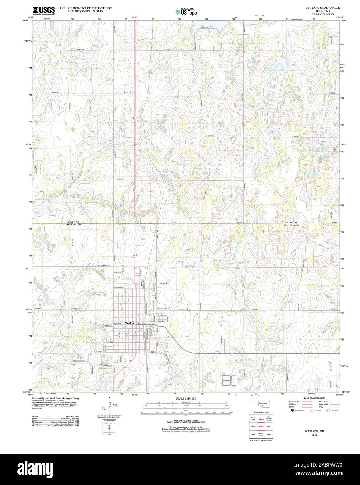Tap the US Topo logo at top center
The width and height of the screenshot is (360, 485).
(x=186, y=12)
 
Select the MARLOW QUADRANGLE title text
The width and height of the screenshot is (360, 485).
(x=318, y=7)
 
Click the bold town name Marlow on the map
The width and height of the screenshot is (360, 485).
(x=130, y=323)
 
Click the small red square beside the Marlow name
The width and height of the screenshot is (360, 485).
(x=139, y=323)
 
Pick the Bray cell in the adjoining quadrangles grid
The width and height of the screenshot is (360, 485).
(x=269, y=426)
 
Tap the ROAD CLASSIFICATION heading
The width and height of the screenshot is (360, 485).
(x=315, y=398)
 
